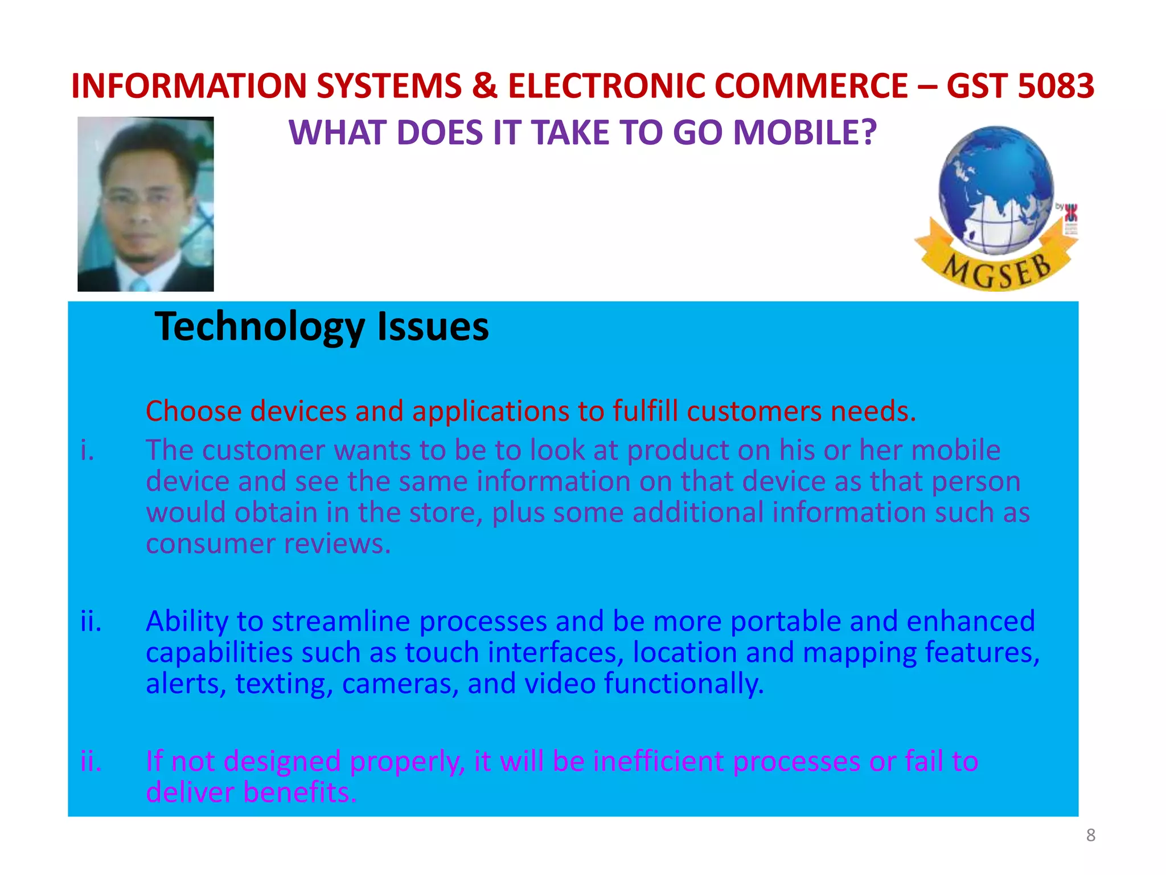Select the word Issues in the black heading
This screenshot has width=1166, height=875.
click(433, 327)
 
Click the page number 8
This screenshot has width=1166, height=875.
click(1090, 835)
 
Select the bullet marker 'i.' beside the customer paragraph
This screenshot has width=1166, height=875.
click(87, 451)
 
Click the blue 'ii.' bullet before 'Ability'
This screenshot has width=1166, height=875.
click(91, 622)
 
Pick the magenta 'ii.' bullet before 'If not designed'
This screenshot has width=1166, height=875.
click(91, 761)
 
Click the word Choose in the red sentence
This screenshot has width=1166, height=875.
click(194, 411)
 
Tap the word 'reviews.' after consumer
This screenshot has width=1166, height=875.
click(338, 543)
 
